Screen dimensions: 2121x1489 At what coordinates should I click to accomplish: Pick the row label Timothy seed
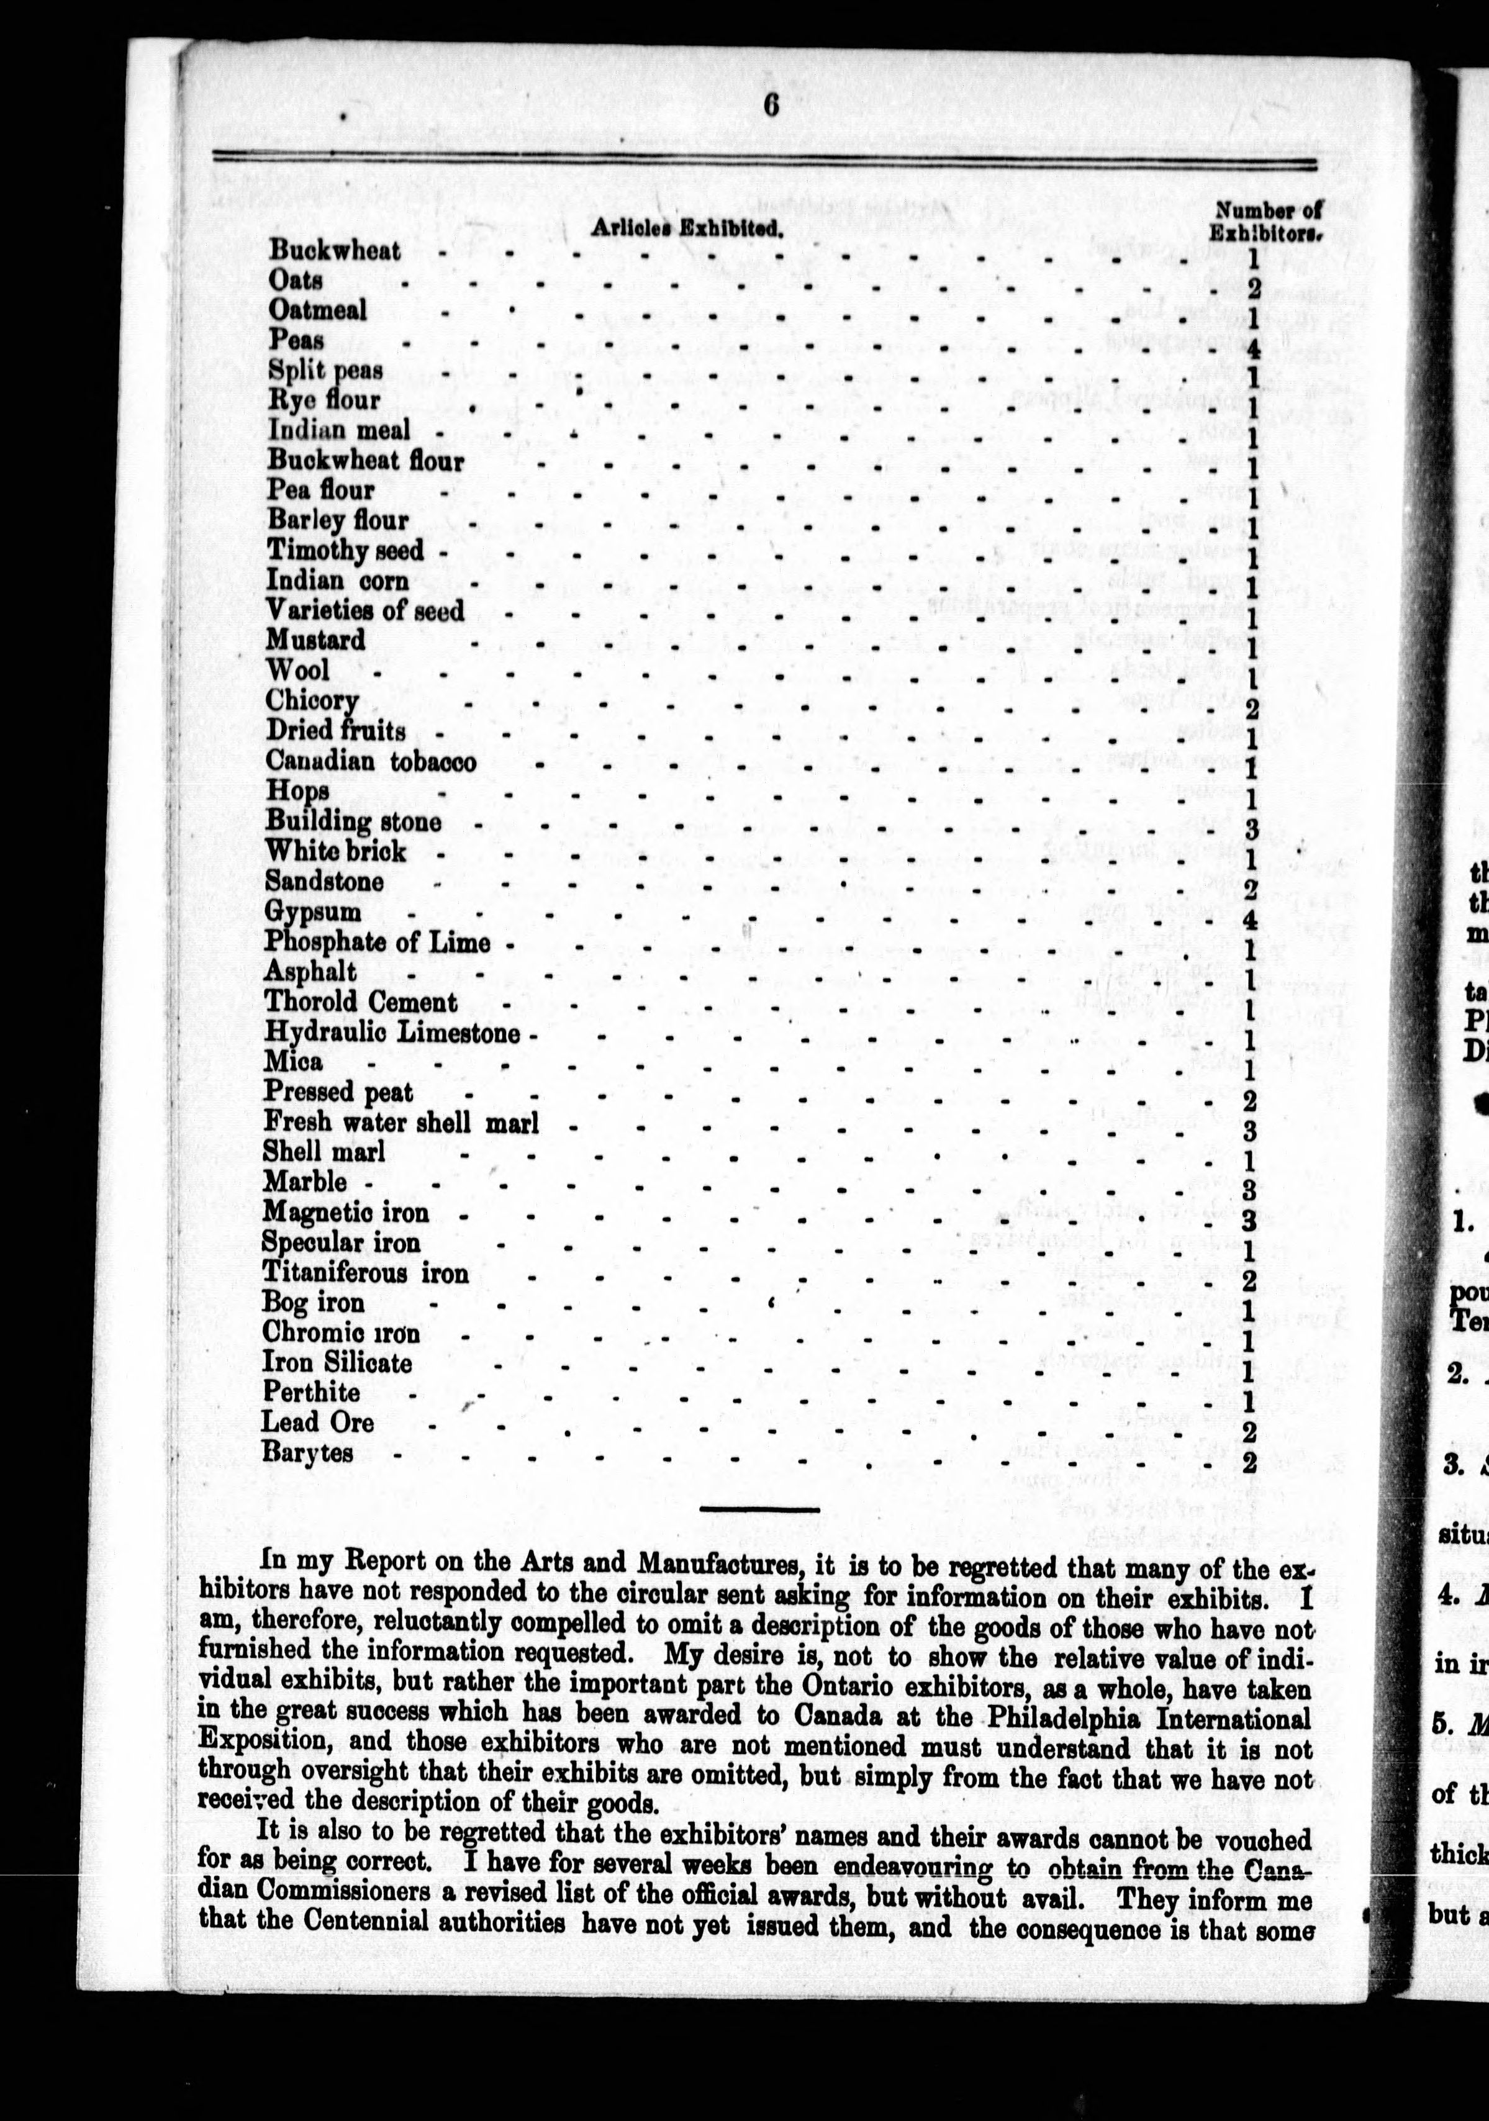point(345,551)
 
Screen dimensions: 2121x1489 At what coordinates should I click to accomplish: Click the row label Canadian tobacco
point(371,761)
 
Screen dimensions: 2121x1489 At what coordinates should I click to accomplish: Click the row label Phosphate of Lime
point(377,943)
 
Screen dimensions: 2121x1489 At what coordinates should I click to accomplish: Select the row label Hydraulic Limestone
point(392,1032)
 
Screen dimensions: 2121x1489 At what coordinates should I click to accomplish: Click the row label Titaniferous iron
point(365,1273)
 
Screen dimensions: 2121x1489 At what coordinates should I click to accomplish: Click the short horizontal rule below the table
point(759,1509)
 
